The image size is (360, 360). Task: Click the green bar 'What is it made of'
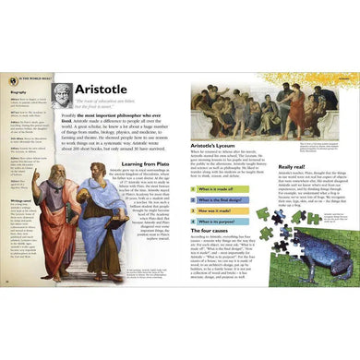[x=230, y=188]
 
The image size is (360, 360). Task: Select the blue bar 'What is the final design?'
[x=232, y=204]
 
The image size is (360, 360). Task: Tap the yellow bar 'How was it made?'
[x=230, y=221]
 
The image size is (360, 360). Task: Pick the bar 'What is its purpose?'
[x=231, y=235]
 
